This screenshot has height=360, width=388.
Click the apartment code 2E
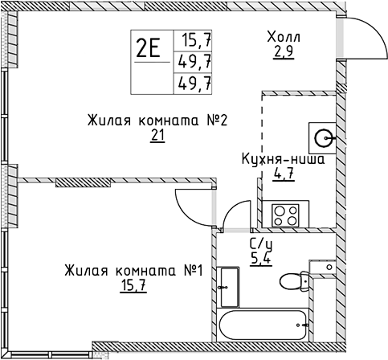(148, 47)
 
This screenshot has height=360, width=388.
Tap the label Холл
(284, 37)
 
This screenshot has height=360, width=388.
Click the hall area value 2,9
(284, 51)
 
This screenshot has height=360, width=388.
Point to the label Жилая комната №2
(157, 121)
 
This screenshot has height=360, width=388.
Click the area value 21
(157, 135)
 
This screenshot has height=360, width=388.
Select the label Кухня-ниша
(284, 160)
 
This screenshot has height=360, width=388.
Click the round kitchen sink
(323, 138)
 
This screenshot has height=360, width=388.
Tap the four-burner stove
(285, 215)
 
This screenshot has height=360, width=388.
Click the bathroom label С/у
(261, 244)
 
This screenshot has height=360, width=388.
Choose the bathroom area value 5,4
(261, 260)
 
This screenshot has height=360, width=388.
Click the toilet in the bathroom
(295, 281)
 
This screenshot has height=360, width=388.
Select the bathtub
(263, 325)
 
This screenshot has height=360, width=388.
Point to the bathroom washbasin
(230, 287)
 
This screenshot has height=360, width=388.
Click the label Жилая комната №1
(134, 271)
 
